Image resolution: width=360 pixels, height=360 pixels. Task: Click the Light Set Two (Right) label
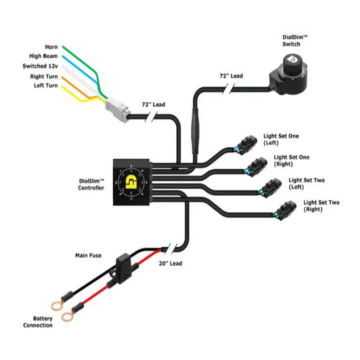(x=321, y=205)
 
